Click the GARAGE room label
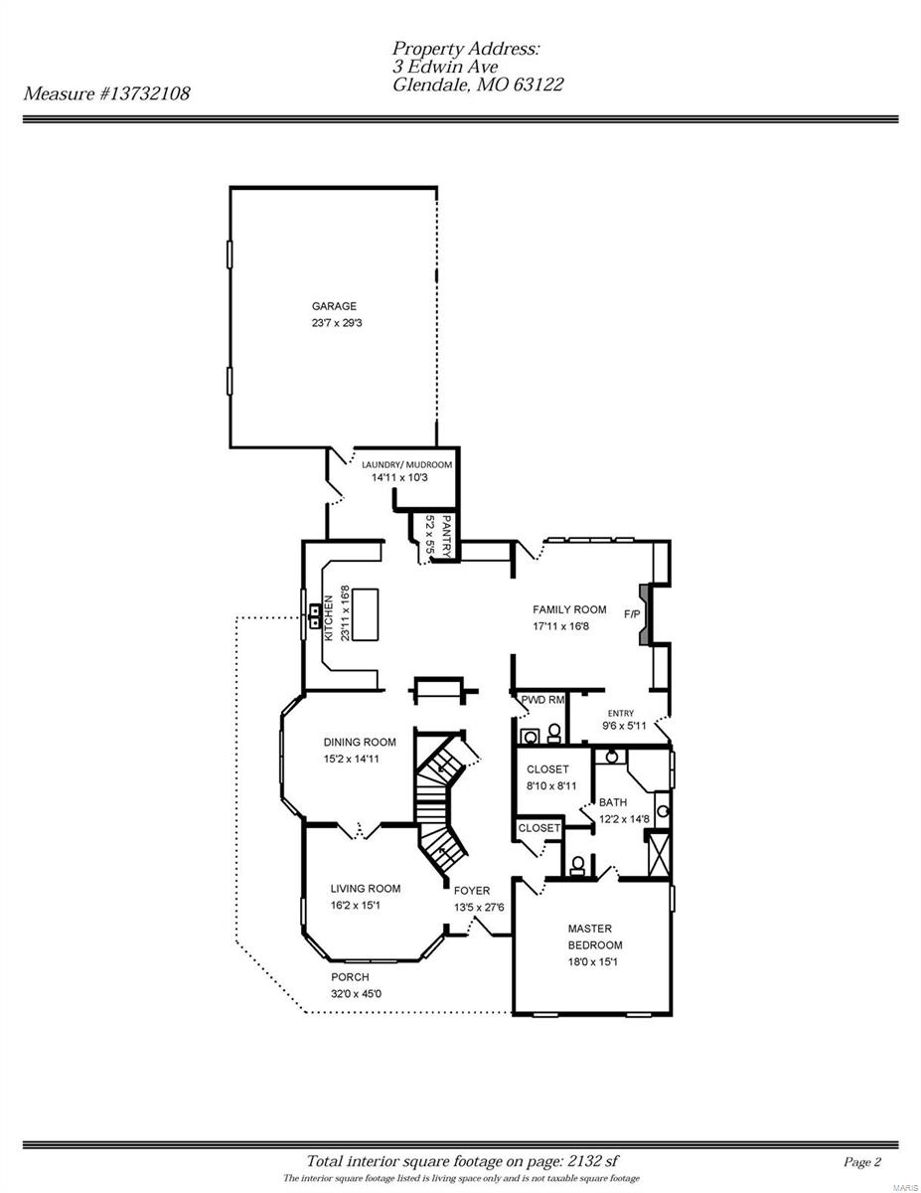coord(334,306)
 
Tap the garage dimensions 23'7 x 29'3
coord(342,323)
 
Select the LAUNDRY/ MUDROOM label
coord(406,464)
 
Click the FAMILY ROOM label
coord(569,609)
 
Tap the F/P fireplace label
coord(632,613)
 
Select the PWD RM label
coord(543,700)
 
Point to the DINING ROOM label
coord(360,742)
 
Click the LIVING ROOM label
coord(366,889)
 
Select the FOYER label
coord(472,890)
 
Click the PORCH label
coord(350,977)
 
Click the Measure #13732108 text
coord(107,93)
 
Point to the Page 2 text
coord(861,1161)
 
